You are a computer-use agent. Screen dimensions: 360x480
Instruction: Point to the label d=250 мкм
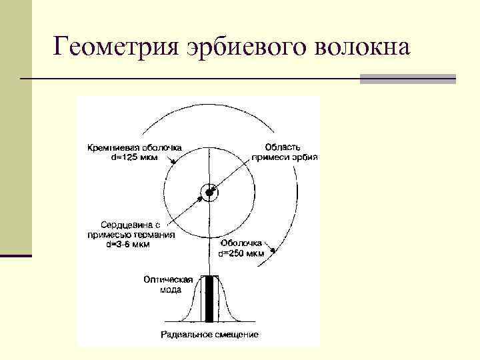coord(241,253)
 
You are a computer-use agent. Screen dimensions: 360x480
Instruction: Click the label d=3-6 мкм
coord(129,244)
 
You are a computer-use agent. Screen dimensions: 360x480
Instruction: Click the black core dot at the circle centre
coord(209,193)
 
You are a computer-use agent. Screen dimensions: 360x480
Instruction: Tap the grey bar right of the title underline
coord(407,79)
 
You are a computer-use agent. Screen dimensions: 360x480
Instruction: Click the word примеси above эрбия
coord(269,157)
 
